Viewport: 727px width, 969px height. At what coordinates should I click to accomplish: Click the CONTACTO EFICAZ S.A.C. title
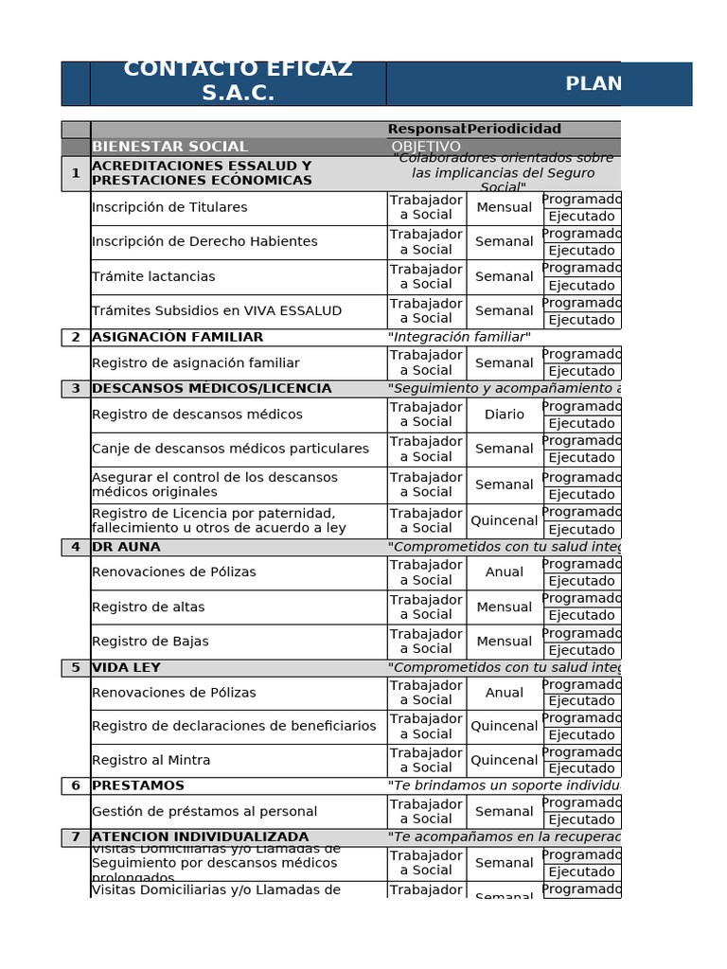point(238,81)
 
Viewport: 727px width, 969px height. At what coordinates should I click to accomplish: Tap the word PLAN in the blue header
point(594,84)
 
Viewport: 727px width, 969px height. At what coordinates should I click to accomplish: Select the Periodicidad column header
point(514,129)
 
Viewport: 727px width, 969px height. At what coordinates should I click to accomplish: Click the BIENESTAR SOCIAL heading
point(169,147)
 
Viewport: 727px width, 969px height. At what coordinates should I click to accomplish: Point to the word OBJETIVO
point(426,147)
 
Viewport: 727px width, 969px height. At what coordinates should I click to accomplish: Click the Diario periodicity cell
point(505,414)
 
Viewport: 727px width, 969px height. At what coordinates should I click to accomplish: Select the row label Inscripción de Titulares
point(169,207)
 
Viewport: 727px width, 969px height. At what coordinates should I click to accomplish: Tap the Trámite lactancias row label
point(153,276)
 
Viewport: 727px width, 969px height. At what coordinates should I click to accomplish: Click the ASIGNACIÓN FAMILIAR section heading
point(178,337)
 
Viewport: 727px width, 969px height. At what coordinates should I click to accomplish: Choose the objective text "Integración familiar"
point(459,337)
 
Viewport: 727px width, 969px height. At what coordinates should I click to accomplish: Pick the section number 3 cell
point(76,389)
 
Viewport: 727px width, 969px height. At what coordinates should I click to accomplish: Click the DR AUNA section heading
point(126,547)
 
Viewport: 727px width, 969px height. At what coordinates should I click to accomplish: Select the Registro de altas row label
point(149,607)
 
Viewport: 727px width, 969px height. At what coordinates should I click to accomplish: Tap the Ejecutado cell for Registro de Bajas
point(581,650)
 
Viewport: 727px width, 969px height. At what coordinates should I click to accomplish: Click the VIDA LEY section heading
point(126,667)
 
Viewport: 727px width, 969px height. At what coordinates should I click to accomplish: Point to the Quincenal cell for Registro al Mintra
point(505,760)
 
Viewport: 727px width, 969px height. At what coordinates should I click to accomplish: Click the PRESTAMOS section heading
point(138,785)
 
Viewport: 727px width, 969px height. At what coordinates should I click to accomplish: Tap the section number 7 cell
point(76,837)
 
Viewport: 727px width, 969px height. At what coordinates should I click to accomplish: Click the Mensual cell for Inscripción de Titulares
point(505,207)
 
